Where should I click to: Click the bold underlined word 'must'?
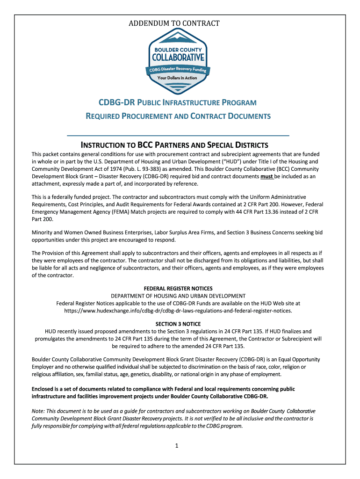coord(266,176)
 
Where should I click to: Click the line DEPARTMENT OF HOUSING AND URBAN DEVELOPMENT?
coord(178,296)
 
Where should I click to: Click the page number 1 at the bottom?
coord(177,446)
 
